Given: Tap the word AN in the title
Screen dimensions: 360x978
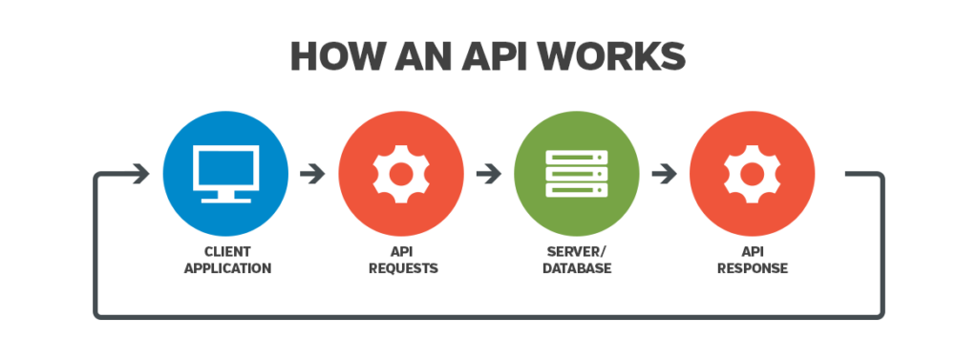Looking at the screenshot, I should point(435,56).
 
